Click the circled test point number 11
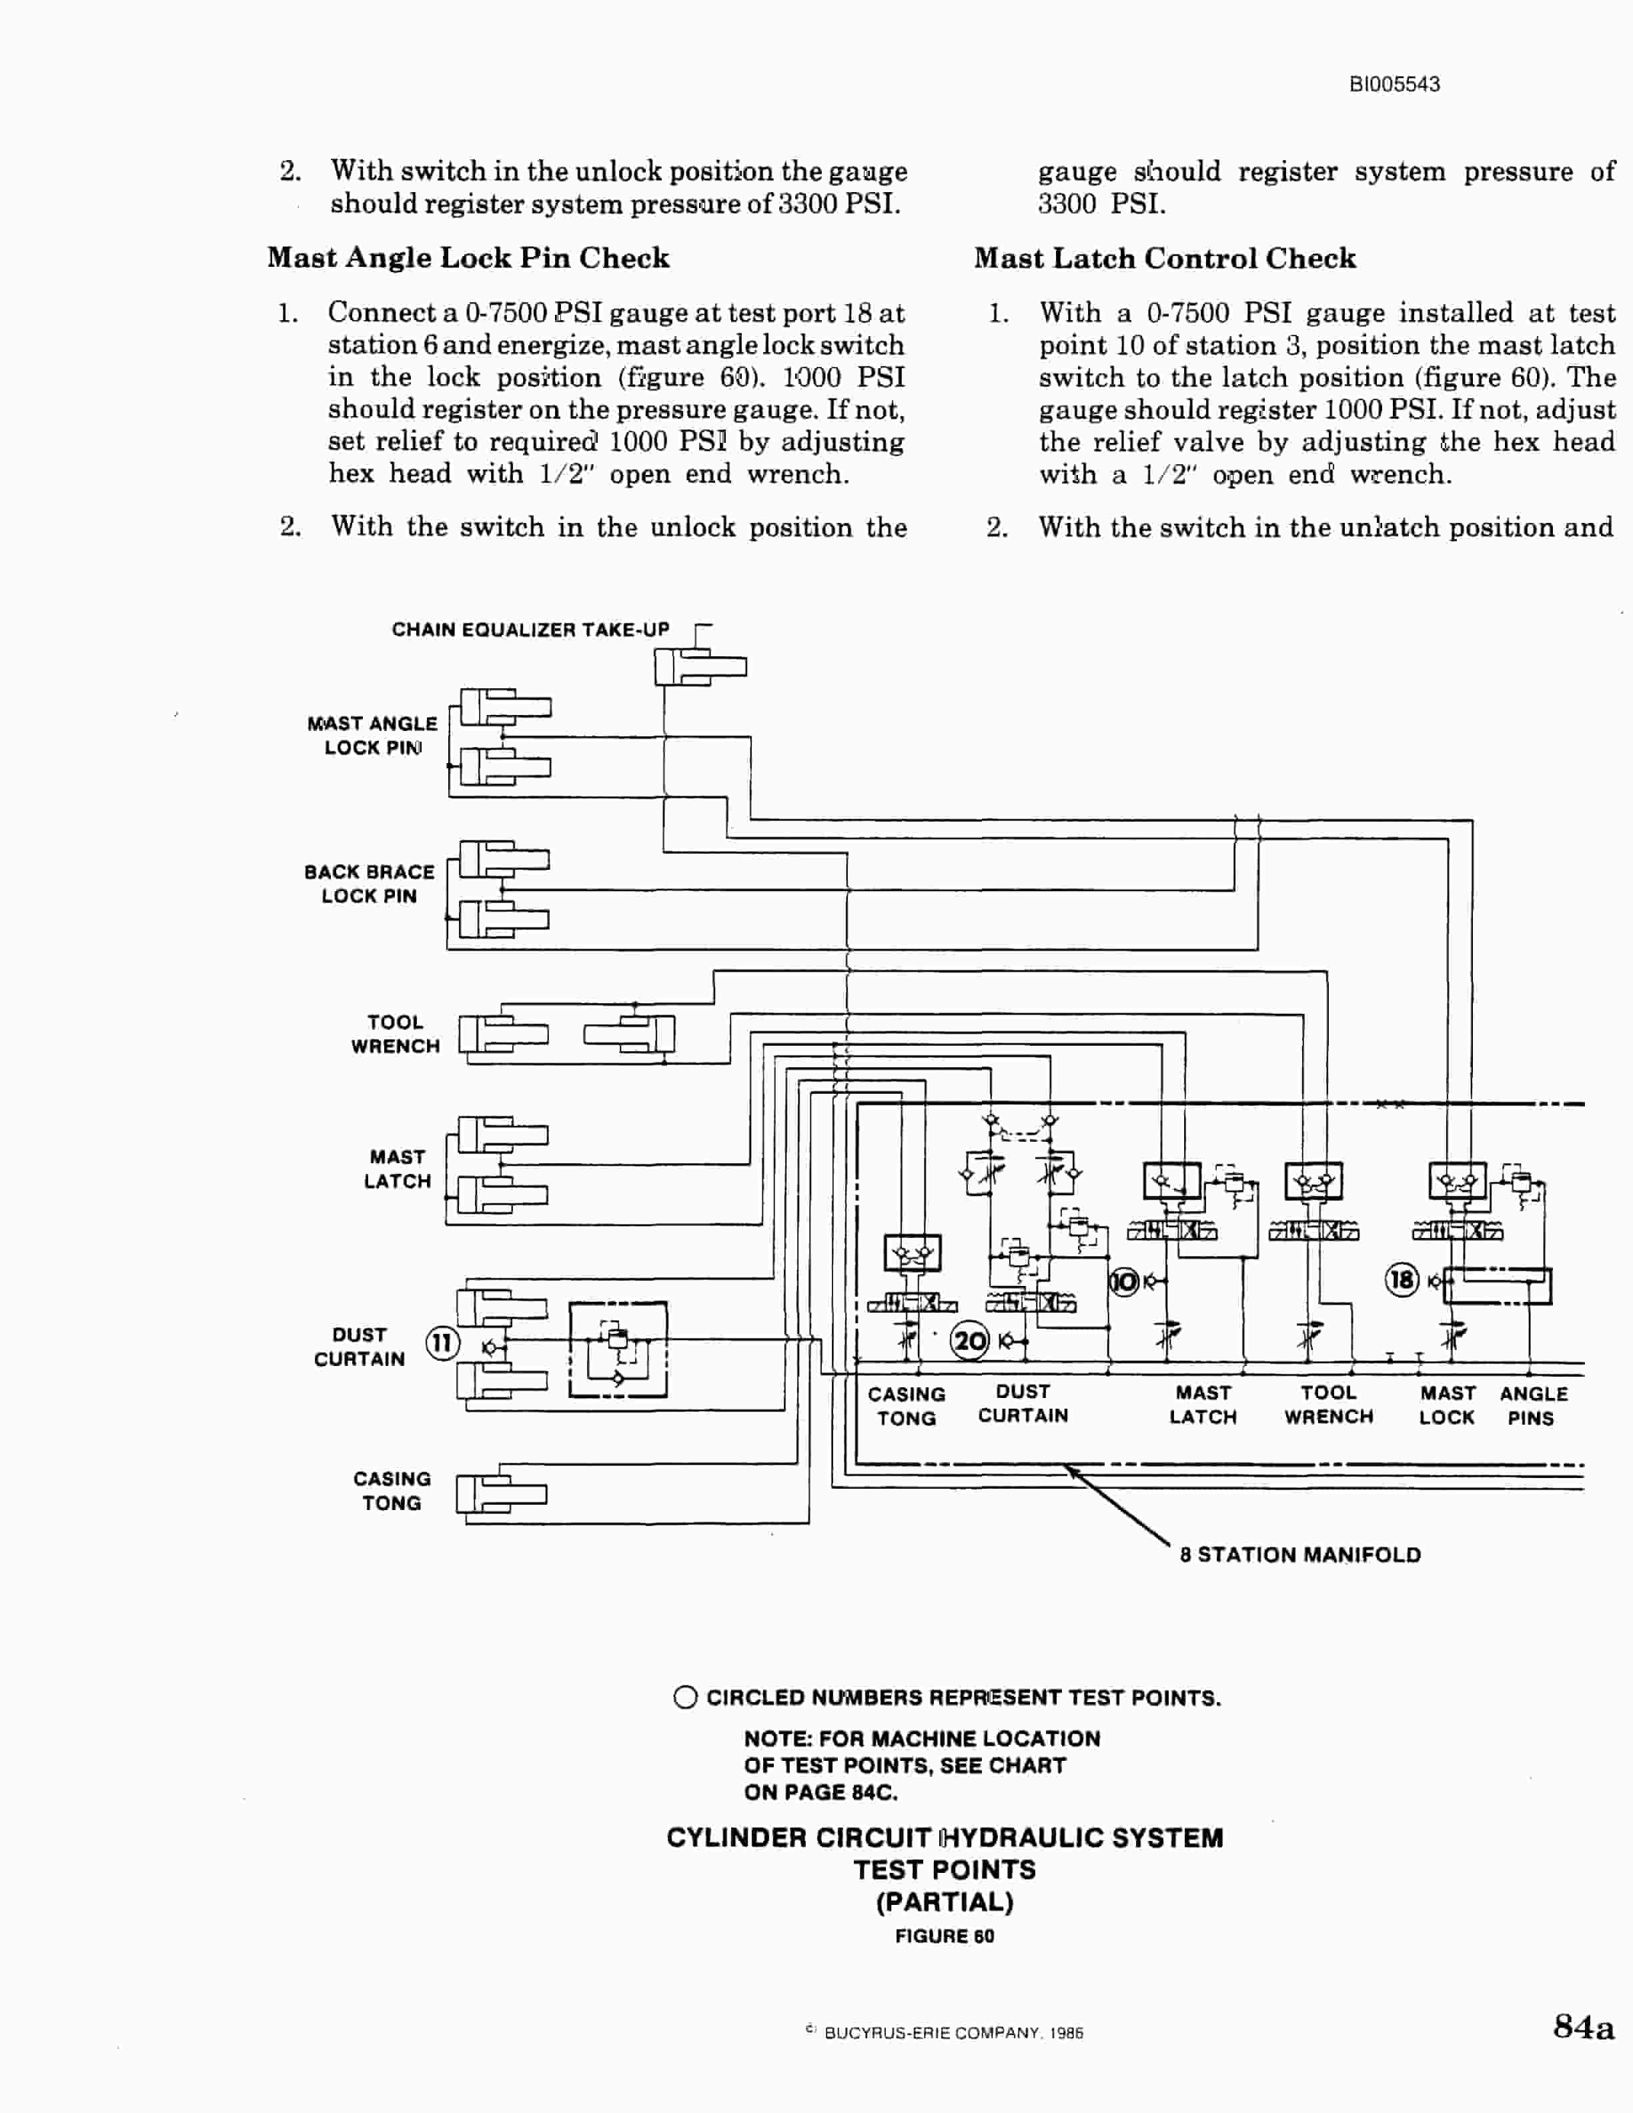coord(442,1343)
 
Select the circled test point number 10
coord(1124,1282)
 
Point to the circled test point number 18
coord(1402,1280)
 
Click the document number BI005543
coord(1394,84)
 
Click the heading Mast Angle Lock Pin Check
coord(468,257)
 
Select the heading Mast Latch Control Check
coord(1165,258)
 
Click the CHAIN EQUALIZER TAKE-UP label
coord(530,629)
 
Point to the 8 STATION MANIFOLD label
coord(1300,1555)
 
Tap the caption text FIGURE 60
coord(944,1936)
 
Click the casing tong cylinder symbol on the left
coord(501,1495)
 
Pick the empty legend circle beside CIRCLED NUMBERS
coord(685,1698)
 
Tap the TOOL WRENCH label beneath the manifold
coord(1328,1405)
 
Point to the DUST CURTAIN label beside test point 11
coord(359,1347)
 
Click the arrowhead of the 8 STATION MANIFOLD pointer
coord(1068,1469)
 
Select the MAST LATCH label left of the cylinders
coord(398,1169)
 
